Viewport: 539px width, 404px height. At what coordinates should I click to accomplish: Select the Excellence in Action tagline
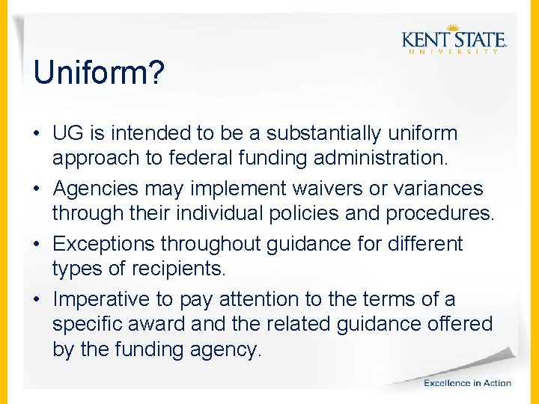coord(467,383)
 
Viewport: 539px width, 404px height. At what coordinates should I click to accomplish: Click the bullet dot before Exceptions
coord(37,245)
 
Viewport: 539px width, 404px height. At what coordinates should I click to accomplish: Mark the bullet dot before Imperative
coord(37,300)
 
